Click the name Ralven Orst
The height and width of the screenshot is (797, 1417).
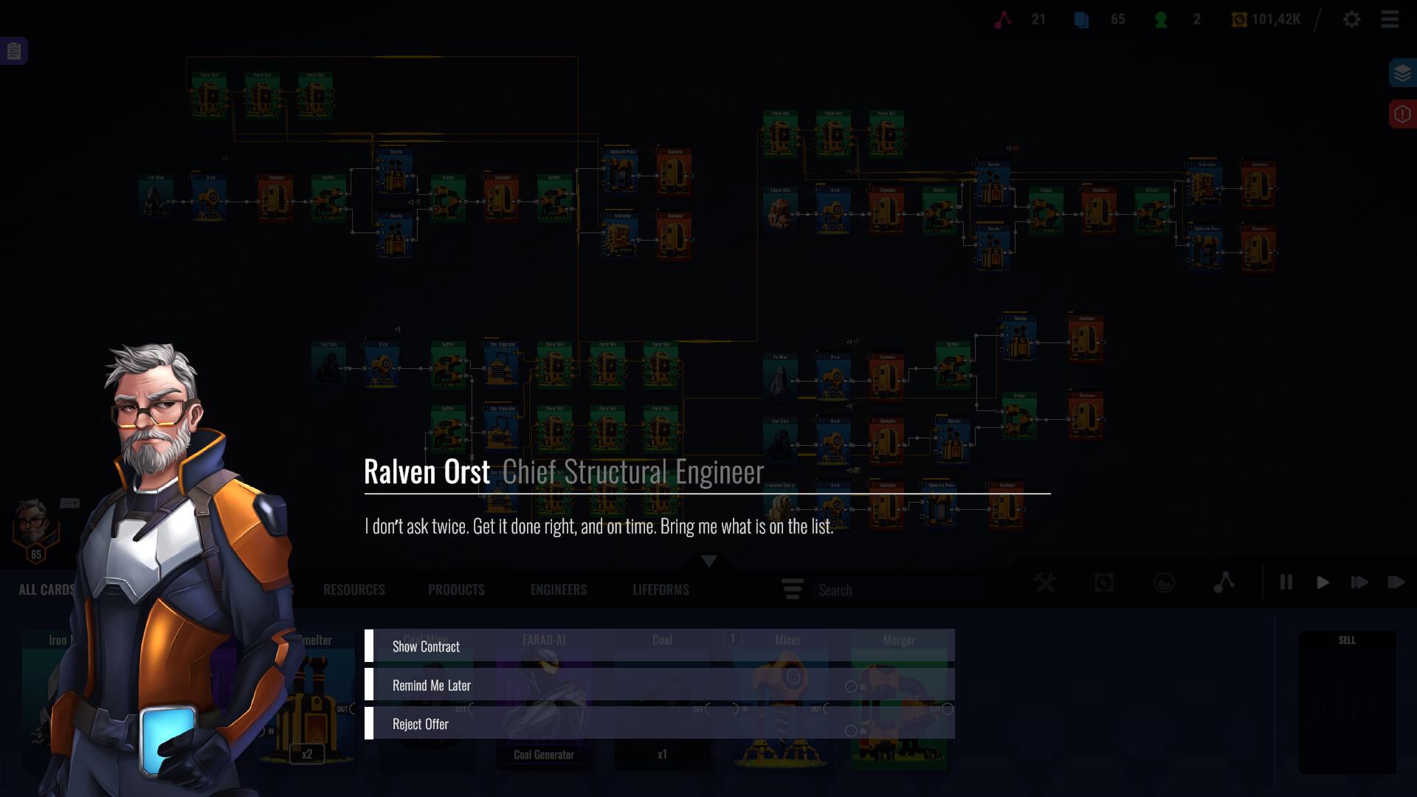[427, 472]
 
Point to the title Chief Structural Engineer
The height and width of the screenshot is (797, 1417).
[633, 472]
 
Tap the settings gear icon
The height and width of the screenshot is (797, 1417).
[1351, 20]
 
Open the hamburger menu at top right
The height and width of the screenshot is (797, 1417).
[1390, 20]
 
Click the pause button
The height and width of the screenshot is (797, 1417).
[1286, 583]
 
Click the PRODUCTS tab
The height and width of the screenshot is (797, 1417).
[456, 590]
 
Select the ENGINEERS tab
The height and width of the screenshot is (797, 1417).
[559, 590]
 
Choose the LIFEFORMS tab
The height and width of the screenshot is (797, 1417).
[661, 590]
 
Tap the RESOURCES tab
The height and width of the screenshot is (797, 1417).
[354, 590]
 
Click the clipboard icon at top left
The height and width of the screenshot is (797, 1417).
[14, 51]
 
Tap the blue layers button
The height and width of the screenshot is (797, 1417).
[1402, 73]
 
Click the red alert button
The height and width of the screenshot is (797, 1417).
[1402, 114]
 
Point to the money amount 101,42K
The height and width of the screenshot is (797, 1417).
[1275, 20]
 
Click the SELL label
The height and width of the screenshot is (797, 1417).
[1347, 641]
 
